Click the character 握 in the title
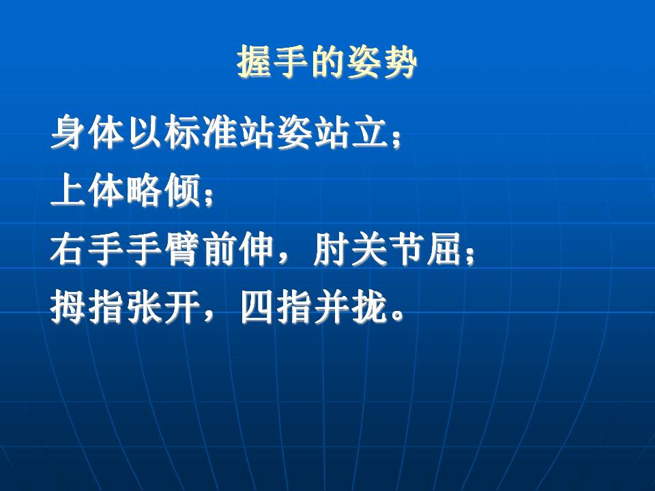(x=254, y=62)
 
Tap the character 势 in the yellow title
(x=400, y=62)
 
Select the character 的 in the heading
(x=327, y=62)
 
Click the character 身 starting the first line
(x=68, y=132)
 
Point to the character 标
(x=183, y=132)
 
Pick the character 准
(x=220, y=132)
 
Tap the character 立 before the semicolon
(x=373, y=132)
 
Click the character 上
(x=68, y=190)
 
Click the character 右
(x=68, y=250)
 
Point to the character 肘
(x=332, y=250)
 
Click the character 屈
(x=446, y=250)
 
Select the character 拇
(x=68, y=308)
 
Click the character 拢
(x=370, y=308)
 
